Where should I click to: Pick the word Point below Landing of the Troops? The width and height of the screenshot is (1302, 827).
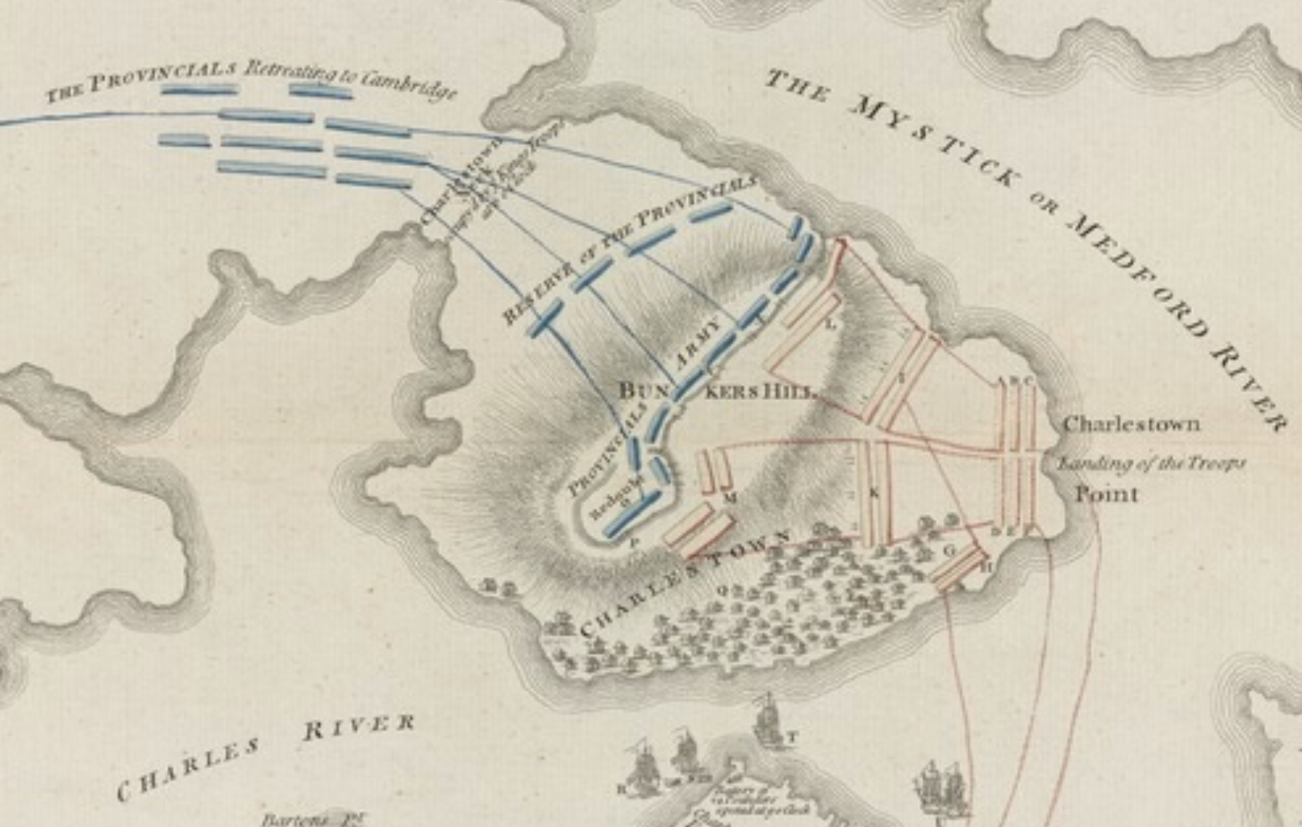click(x=1107, y=494)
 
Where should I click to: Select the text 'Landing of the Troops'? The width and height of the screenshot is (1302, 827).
click(x=1150, y=463)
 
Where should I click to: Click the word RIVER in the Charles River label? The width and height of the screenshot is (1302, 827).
click(x=358, y=726)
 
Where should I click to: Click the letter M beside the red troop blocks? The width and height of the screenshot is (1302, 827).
click(x=731, y=499)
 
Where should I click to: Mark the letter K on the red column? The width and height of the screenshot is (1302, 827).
click(x=874, y=493)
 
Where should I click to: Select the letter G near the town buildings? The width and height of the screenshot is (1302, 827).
click(x=950, y=550)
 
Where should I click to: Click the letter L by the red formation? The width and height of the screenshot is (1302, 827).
click(x=831, y=325)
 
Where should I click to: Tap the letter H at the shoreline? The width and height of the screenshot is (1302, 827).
click(x=987, y=567)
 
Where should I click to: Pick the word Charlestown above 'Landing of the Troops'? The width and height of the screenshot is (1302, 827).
click(x=1131, y=424)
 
